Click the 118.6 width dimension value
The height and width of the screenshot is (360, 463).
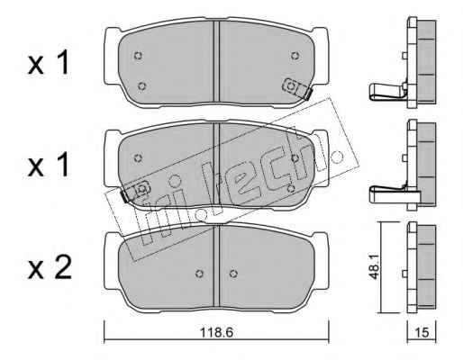[216, 332]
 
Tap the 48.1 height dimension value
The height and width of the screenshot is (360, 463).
[375, 268]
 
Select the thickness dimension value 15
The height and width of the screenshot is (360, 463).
[422, 332]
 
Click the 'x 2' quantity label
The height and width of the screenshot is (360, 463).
[50, 267]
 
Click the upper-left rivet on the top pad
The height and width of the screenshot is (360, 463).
[138, 56]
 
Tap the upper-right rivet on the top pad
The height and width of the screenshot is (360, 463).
[295, 56]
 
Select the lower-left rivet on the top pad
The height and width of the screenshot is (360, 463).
[141, 86]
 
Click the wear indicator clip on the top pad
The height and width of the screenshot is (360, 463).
[297, 88]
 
